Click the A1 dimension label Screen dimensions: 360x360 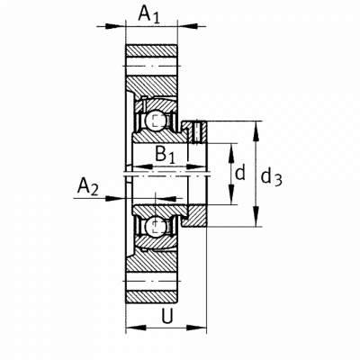(x=149, y=14)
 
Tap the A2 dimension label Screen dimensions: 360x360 (x=87, y=186)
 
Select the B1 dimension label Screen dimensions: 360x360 (x=165, y=155)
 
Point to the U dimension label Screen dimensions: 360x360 (x=167, y=316)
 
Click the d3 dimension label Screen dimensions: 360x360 (x=271, y=177)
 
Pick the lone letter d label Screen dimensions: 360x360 (x=240, y=173)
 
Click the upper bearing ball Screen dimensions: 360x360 (x=156, y=121)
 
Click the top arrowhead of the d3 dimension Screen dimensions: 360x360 (x=256, y=130)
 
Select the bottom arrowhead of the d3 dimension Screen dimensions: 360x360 (x=256, y=216)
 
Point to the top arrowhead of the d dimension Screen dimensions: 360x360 (x=231, y=154)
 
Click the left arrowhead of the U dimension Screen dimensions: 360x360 (x=136, y=328)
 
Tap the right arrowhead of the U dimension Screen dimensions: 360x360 (x=196, y=328)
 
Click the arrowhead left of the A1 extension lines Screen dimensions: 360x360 (x=115, y=26)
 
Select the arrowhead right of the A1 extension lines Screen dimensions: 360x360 (x=188, y=26)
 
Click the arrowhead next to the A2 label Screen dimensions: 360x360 (x=116, y=198)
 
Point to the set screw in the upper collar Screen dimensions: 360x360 (x=197, y=131)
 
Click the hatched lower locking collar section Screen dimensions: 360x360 (x=195, y=216)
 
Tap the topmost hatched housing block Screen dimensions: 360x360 (x=151, y=50)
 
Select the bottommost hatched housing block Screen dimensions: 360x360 (x=151, y=297)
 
